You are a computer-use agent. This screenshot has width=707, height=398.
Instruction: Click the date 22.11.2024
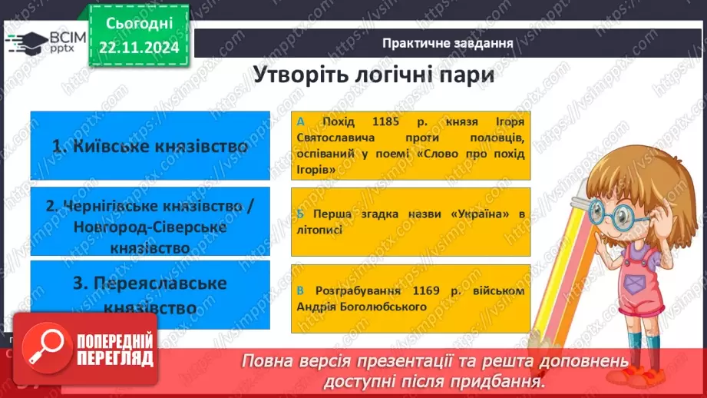pyautogui.click(x=138, y=48)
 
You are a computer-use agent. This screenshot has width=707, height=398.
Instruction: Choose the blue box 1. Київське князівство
pyautogui.click(x=150, y=146)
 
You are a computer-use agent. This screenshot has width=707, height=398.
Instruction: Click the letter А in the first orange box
pyautogui.click(x=300, y=122)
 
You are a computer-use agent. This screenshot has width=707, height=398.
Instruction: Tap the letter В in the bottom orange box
pyautogui.click(x=300, y=291)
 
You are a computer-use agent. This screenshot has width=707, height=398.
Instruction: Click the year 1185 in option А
pyautogui.click(x=373, y=122)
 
